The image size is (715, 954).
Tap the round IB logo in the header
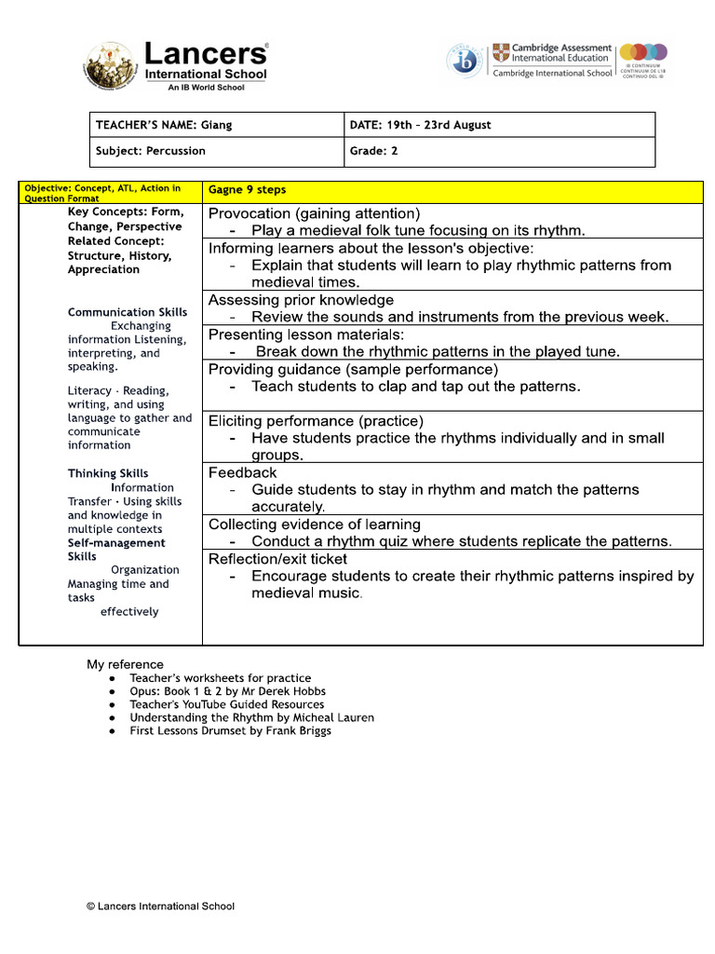464,61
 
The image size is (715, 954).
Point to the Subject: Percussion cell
151,151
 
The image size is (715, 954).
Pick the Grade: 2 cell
374,151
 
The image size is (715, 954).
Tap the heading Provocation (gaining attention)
314,213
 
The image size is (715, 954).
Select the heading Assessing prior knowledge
301,300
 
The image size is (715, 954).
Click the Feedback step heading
242,472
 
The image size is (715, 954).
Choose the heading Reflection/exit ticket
277,559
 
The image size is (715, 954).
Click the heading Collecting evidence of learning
314,525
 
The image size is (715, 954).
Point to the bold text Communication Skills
128,312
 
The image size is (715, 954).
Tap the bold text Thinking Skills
108,473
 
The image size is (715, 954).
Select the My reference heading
125,664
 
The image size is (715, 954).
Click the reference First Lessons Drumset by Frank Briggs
230,731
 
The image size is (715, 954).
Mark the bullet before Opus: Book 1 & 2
112,692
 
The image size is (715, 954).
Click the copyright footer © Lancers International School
160,906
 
